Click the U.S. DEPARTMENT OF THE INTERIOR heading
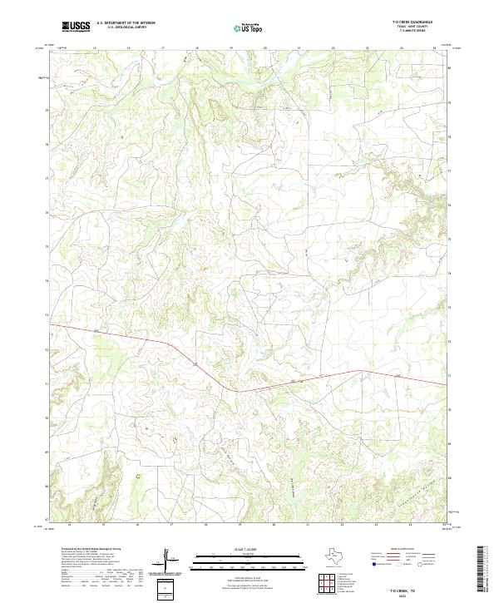(x=126, y=23)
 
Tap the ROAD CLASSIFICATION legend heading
(x=397, y=551)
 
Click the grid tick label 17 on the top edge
(x=163, y=49)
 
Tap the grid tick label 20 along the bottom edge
(x=274, y=526)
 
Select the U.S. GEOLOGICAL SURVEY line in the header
(x=126, y=28)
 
